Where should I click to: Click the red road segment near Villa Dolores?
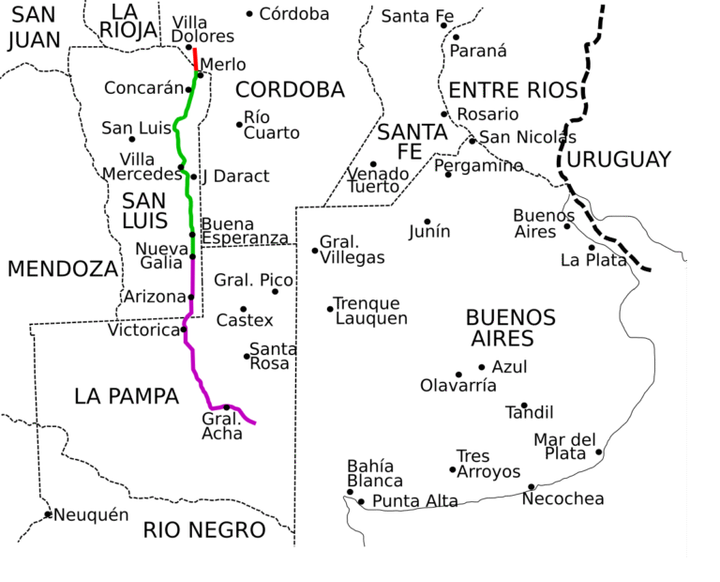(x=195, y=58)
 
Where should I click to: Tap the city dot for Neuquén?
(x=48, y=513)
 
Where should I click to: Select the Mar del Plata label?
(x=564, y=447)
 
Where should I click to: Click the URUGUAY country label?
(x=619, y=160)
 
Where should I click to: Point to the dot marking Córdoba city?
(x=249, y=13)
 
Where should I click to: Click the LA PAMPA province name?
(x=127, y=396)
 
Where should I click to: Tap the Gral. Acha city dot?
(x=226, y=406)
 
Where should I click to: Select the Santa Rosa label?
(x=273, y=356)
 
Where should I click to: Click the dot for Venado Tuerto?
(x=372, y=164)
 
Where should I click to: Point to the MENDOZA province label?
(x=63, y=269)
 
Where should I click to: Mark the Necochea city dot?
(x=531, y=486)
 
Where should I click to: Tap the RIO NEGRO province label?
(x=204, y=530)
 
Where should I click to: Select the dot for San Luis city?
(x=131, y=139)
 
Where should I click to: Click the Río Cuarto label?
(x=271, y=125)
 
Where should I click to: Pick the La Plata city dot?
(x=591, y=248)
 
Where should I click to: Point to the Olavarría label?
(x=457, y=385)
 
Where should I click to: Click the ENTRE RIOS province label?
(x=510, y=90)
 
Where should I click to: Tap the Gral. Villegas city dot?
(x=315, y=250)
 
